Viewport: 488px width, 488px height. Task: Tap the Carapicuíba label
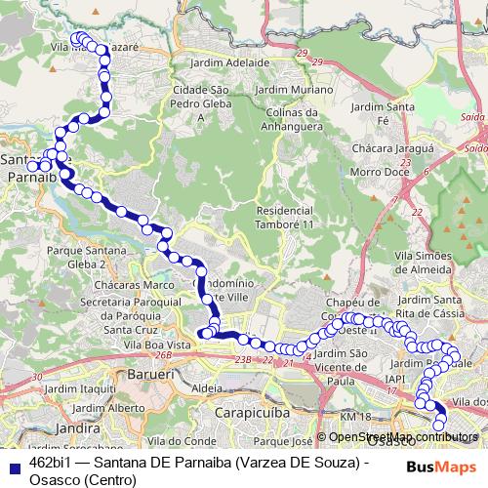[x=256, y=412]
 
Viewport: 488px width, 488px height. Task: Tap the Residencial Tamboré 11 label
[x=291, y=218]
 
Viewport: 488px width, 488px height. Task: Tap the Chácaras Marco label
[x=109, y=284]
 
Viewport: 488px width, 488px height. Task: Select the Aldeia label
[x=208, y=387]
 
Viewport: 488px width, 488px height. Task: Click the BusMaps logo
[x=443, y=467]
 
